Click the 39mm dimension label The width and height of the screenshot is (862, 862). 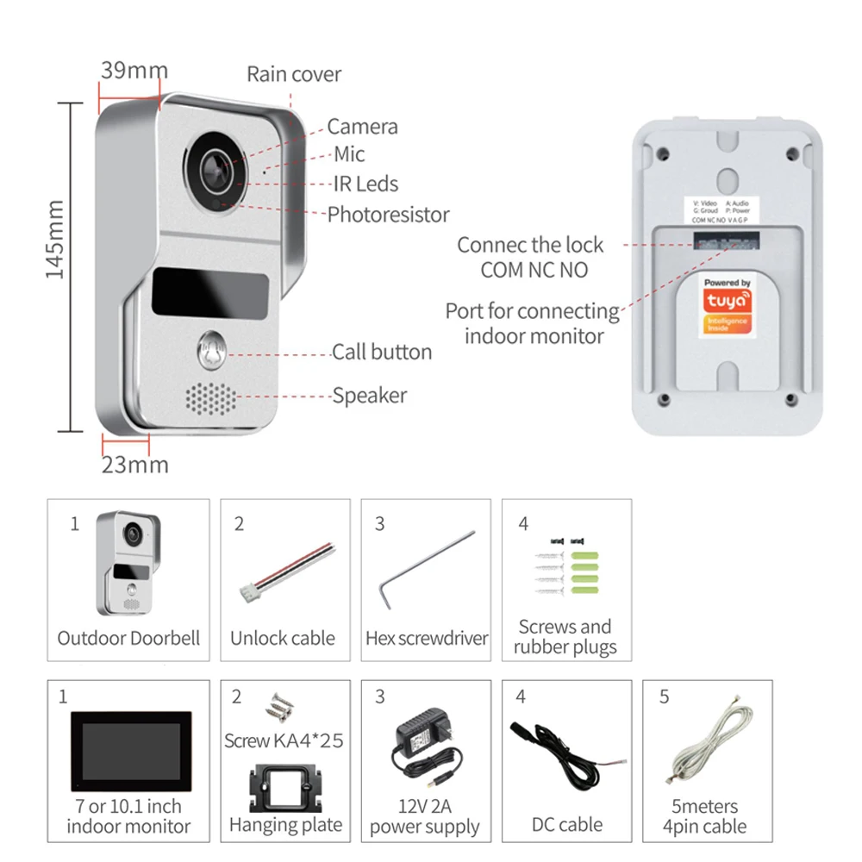[134, 71]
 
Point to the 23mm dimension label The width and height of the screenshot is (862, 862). [135, 465]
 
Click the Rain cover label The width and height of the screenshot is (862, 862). [294, 74]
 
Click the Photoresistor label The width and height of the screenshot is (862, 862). [388, 214]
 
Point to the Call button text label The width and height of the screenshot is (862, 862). [382, 352]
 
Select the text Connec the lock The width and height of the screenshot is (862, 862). [530, 245]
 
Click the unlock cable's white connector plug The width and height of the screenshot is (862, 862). [248, 590]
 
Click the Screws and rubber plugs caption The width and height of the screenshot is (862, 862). [565, 637]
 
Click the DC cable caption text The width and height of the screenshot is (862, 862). [566, 824]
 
